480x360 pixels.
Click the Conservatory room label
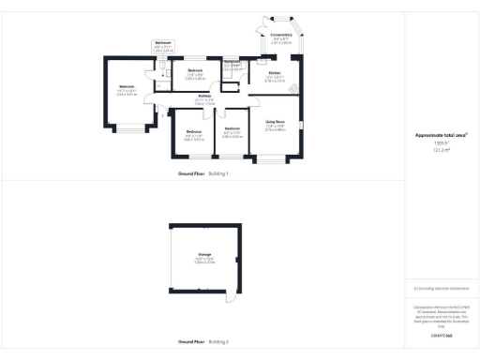click(281, 35)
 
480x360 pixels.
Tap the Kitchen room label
click(275, 72)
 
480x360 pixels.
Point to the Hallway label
click(204, 96)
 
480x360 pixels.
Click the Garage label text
click(203, 256)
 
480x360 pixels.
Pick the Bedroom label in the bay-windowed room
click(127, 87)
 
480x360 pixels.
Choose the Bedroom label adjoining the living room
click(231, 128)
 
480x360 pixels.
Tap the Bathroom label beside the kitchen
click(232, 62)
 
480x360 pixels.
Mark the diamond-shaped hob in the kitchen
click(292, 88)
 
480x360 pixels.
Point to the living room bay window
click(275, 162)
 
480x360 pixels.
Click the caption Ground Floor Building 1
click(203, 173)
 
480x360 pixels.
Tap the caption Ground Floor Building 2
click(203, 342)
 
